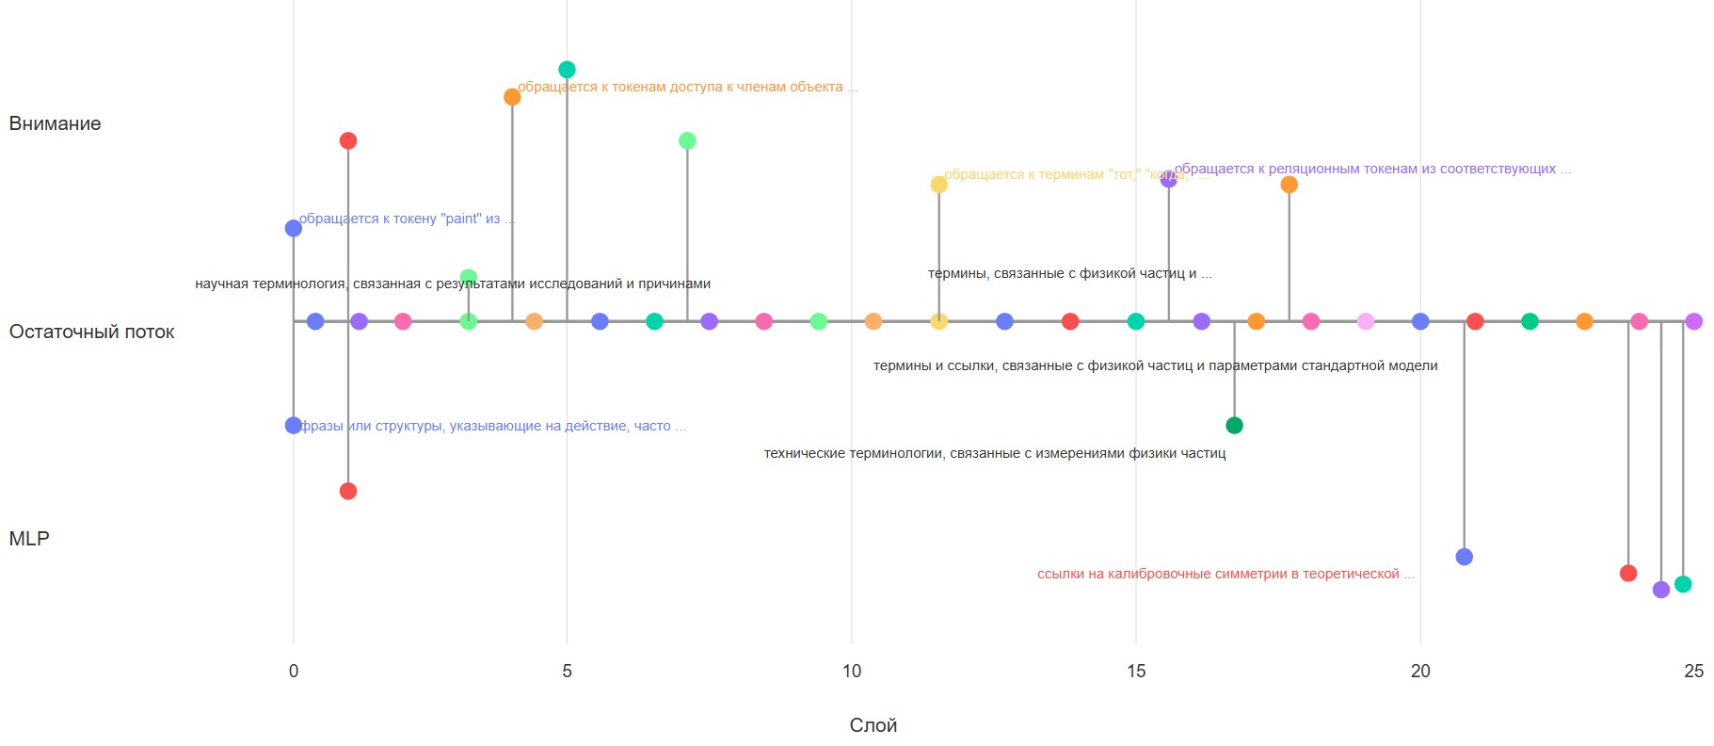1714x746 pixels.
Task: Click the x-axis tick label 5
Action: click(567, 671)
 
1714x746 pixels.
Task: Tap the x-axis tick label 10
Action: click(851, 671)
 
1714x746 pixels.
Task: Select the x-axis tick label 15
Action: click(1135, 671)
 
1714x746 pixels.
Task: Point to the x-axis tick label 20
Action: click(1419, 671)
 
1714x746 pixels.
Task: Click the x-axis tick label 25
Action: click(1693, 671)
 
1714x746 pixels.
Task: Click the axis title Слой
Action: click(873, 725)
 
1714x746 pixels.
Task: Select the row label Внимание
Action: click(55, 123)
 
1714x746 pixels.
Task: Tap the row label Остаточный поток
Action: click(91, 332)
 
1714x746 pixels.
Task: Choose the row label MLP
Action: click(29, 539)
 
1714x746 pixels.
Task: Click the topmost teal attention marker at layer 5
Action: click(567, 70)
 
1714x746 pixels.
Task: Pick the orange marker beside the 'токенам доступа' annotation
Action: click(512, 97)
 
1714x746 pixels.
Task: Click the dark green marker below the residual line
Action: click(1234, 426)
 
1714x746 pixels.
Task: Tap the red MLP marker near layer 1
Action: click(348, 491)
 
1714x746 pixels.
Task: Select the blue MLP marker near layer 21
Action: click(1464, 557)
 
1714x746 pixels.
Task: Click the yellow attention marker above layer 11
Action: click(938, 185)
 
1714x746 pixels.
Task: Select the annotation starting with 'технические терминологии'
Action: click(994, 453)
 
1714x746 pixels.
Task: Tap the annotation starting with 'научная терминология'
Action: click(453, 284)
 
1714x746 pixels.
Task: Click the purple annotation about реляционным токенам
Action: click(1372, 169)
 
